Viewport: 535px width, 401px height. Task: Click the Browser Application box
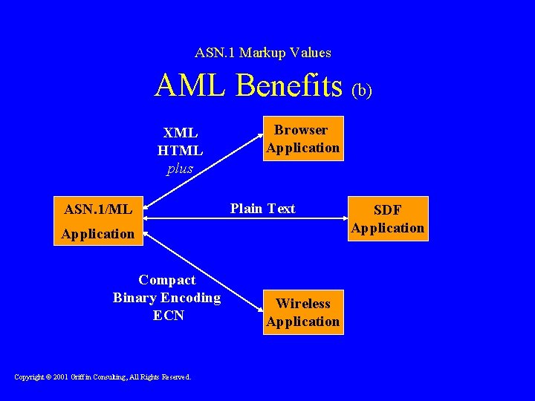pos(303,139)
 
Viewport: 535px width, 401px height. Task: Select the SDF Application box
pos(387,219)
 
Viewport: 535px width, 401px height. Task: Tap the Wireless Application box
pos(303,313)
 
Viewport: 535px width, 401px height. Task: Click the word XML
pos(181,133)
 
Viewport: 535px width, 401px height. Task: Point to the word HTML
pos(180,151)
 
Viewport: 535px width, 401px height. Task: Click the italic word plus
pos(180,169)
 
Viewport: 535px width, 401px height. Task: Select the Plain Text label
pos(262,209)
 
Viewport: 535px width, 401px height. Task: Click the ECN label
pos(168,316)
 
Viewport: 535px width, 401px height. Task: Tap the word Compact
pos(167,280)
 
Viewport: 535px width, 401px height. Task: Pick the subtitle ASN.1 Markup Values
pos(263,53)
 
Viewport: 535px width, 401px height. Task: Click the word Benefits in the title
pos(290,86)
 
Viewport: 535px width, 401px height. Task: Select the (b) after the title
pos(362,90)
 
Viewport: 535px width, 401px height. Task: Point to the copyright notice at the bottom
pos(103,377)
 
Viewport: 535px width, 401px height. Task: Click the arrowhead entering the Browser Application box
pos(261,136)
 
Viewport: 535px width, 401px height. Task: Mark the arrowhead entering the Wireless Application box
pos(261,307)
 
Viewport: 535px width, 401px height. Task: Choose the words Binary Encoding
pos(167,298)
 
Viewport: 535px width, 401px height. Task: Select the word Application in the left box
pos(98,234)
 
